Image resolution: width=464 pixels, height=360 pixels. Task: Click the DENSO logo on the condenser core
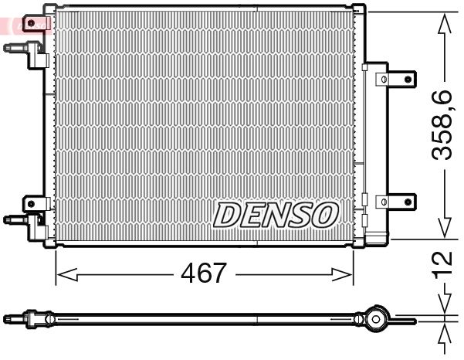[x=276, y=215]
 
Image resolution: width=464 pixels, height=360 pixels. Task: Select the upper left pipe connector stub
[x=17, y=47]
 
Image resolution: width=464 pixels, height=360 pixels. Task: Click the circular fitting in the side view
[x=376, y=318]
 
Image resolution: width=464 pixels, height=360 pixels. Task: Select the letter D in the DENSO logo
[x=228, y=216]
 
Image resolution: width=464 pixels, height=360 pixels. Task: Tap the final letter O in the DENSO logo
[x=324, y=214]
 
